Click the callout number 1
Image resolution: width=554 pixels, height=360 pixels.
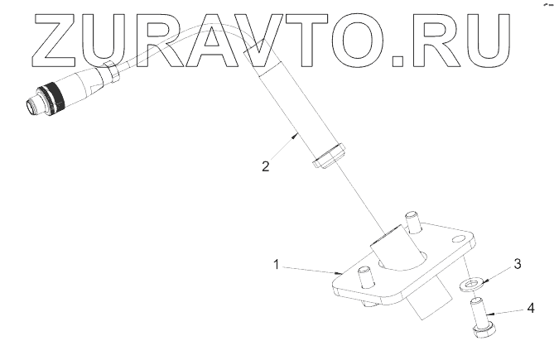(278, 265)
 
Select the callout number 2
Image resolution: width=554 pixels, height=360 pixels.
(265, 166)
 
